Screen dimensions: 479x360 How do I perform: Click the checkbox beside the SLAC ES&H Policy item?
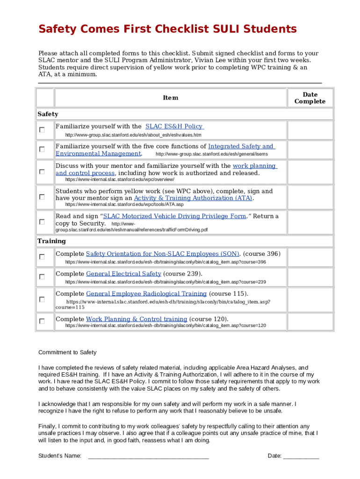point(42,130)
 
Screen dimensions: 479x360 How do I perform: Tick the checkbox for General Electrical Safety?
point(42,277)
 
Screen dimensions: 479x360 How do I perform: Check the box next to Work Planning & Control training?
point(42,321)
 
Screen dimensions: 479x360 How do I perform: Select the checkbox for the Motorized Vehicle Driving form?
point(42,222)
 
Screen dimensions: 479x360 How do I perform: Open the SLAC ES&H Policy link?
point(174,126)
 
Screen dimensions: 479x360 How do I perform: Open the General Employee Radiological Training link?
point(146,294)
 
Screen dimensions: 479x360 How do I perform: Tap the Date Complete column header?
point(310,98)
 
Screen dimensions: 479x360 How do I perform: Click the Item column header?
point(170,98)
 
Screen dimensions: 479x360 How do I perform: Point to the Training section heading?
point(51,241)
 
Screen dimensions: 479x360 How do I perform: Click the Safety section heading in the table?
point(48,114)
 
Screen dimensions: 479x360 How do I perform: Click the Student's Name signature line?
point(148,456)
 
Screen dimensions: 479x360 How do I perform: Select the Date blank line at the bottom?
point(301,456)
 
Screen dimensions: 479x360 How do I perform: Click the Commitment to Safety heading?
point(67,352)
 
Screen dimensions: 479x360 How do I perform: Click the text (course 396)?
point(262,254)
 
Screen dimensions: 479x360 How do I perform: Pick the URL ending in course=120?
point(166,326)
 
